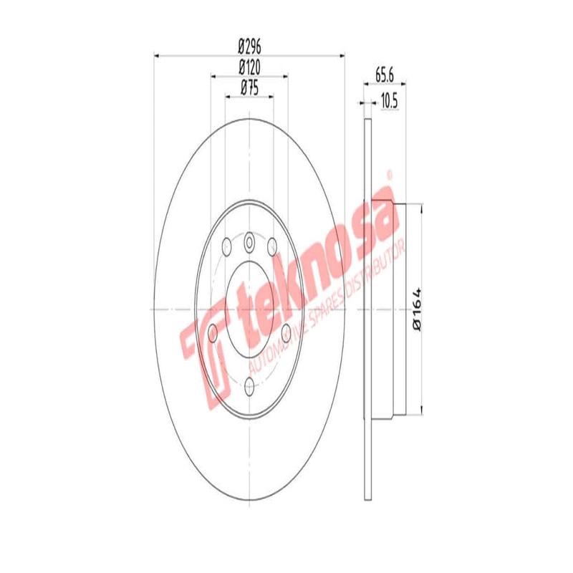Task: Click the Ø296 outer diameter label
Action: pyautogui.click(x=249, y=47)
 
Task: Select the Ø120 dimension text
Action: pyautogui.click(x=249, y=68)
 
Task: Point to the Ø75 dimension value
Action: pyautogui.click(x=249, y=89)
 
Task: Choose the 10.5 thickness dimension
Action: pyautogui.click(x=388, y=101)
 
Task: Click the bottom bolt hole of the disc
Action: pyautogui.click(x=249, y=387)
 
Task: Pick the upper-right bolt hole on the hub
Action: pyautogui.click(x=272, y=245)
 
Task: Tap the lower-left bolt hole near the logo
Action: pyautogui.click(x=213, y=334)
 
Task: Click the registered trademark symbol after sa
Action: pyautogui.click(x=390, y=174)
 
